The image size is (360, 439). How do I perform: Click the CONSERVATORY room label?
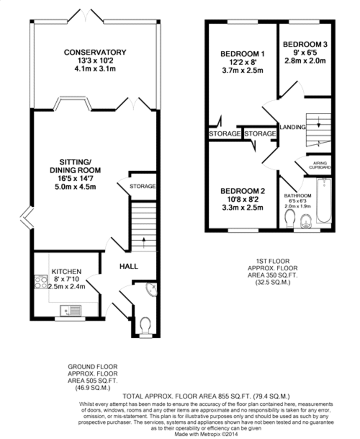(95, 52)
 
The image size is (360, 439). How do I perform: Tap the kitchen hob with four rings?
(41, 282)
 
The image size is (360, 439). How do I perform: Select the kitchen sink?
(71, 311)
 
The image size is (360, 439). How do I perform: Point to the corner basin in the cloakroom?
(152, 289)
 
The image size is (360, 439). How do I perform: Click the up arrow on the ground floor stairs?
(144, 243)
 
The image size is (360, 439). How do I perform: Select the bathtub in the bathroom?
(324, 200)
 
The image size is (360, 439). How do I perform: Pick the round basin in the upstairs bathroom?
(306, 221)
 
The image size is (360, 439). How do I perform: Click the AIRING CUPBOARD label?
(320, 165)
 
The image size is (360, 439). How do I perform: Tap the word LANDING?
(292, 127)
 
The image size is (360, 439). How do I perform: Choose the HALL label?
(129, 266)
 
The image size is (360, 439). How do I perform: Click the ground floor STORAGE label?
(143, 186)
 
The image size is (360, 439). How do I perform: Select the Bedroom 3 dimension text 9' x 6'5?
(305, 53)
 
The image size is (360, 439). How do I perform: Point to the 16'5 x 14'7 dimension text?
(75, 179)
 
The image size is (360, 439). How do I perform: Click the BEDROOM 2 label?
(243, 191)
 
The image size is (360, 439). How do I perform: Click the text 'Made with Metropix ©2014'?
(206, 434)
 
